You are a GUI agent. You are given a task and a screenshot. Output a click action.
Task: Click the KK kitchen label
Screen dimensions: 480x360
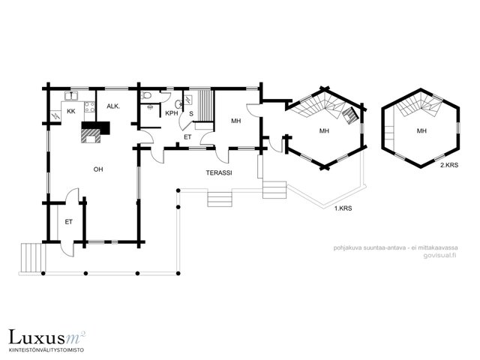click(71, 111)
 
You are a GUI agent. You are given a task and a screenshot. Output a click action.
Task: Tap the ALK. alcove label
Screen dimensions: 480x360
click(113, 106)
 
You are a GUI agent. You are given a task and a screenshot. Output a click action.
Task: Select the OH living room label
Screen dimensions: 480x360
click(98, 169)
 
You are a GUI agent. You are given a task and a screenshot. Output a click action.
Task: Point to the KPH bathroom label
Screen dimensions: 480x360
click(172, 113)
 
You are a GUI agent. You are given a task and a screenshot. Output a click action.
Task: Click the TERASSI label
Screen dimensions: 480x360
click(219, 172)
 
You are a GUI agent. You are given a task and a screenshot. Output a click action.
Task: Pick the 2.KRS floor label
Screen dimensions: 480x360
click(449, 165)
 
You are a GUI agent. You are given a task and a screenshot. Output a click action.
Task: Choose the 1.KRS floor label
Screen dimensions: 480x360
click(343, 208)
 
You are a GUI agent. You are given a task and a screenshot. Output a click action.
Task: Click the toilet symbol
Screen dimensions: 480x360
click(145, 96)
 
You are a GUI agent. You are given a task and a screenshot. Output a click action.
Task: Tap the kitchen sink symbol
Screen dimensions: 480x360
click(72, 95)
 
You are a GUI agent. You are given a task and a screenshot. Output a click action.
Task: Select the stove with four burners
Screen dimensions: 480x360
click(89, 106)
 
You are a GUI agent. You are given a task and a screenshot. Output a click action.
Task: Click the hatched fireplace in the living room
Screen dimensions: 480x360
click(91, 136)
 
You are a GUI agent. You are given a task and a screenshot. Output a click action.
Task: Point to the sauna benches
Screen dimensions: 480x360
click(205, 106)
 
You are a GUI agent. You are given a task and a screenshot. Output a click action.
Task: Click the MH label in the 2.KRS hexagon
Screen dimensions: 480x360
click(421, 131)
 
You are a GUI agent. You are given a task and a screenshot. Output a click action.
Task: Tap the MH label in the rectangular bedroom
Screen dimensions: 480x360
click(235, 121)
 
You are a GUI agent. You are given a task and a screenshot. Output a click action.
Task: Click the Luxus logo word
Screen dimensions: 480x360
click(37, 337)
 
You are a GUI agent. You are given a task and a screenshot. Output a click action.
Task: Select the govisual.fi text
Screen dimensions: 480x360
click(440, 256)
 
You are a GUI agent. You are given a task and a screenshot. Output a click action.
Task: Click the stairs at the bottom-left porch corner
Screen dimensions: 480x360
click(31, 258)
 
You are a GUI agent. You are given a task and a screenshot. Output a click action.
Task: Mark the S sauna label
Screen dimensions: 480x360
click(191, 114)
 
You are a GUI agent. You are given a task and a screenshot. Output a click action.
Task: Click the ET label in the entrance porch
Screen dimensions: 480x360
click(68, 222)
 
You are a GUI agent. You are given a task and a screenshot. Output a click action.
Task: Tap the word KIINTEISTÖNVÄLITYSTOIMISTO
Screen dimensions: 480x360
click(46, 349)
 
